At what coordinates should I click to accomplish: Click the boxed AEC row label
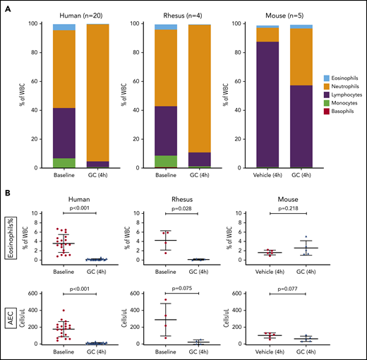click(9, 316)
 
